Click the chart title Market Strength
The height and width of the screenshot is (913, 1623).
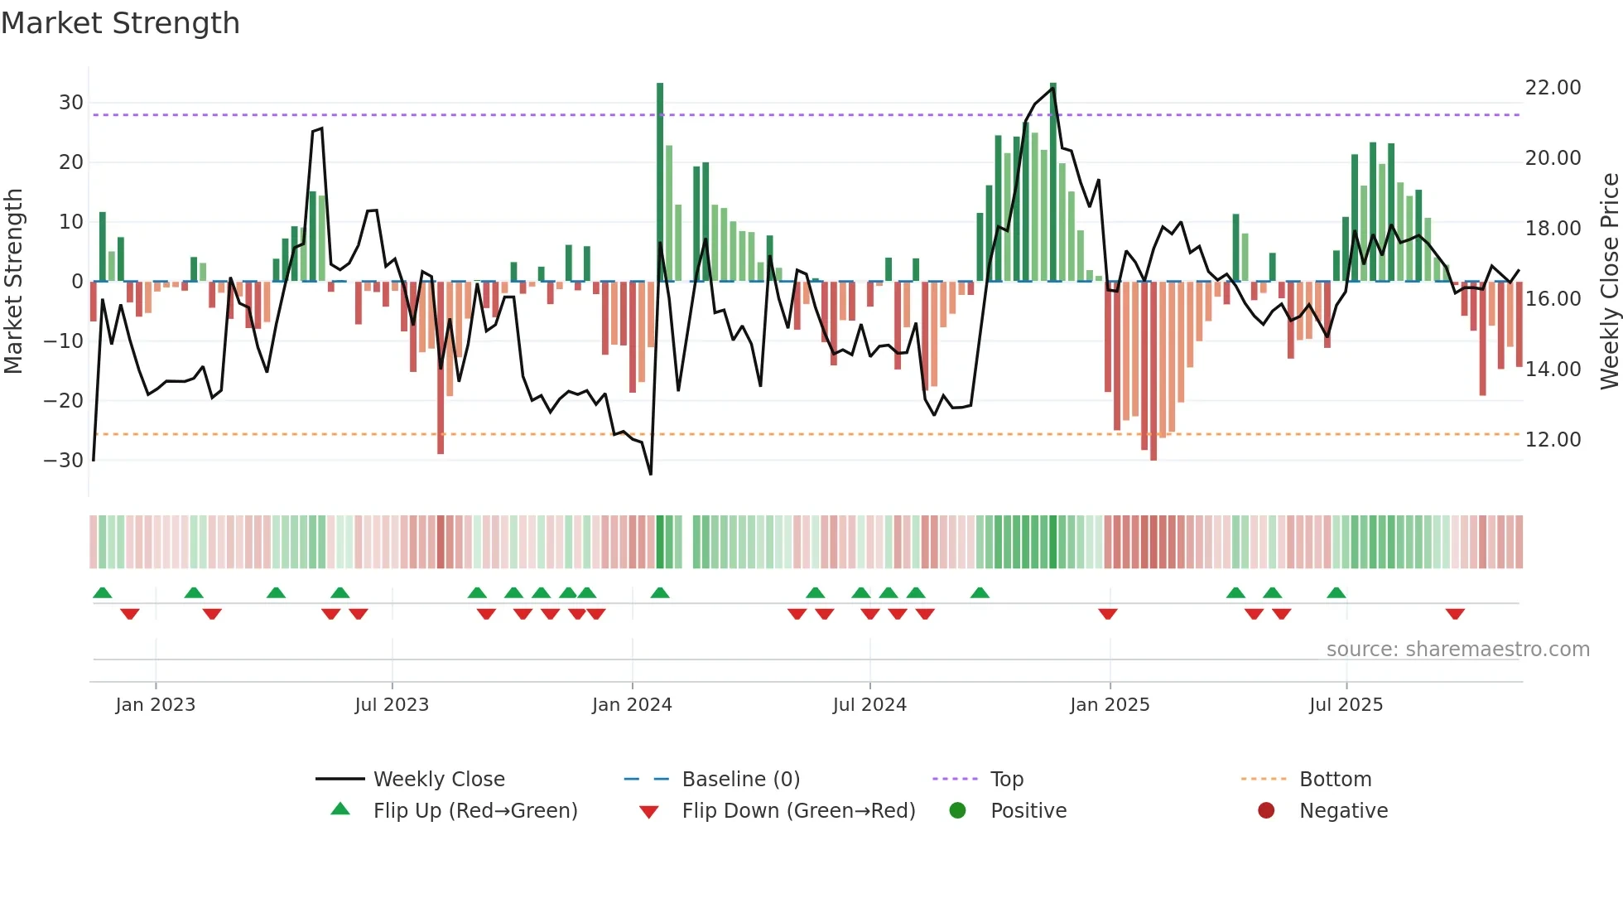[120, 23]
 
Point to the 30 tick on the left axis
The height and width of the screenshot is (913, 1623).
[71, 103]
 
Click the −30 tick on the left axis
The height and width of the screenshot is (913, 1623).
[64, 461]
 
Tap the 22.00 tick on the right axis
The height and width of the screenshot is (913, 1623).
[1553, 88]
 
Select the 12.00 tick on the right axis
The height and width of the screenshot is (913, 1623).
[1553, 440]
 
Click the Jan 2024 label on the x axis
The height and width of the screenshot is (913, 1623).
[632, 705]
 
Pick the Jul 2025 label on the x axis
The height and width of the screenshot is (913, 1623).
[1346, 705]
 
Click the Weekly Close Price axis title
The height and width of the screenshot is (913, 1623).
[1609, 282]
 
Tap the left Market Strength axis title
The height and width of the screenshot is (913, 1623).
[13, 282]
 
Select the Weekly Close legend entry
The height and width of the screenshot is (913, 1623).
[438, 780]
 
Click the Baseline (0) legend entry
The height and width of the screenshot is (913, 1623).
[740, 780]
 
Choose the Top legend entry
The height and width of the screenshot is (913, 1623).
[1006, 780]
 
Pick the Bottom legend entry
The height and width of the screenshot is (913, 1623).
[1335, 780]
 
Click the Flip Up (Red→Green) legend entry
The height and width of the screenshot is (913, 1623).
[474, 811]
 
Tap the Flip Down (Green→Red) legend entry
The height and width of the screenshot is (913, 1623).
[798, 811]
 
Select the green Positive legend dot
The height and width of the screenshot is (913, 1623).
[957, 811]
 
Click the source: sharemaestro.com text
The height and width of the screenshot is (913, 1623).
[1457, 650]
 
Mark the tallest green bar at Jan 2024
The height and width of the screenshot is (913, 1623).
[660, 182]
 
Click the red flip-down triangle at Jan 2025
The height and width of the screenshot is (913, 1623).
[1108, 614]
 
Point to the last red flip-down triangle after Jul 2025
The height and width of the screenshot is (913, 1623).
[1455, 614]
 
